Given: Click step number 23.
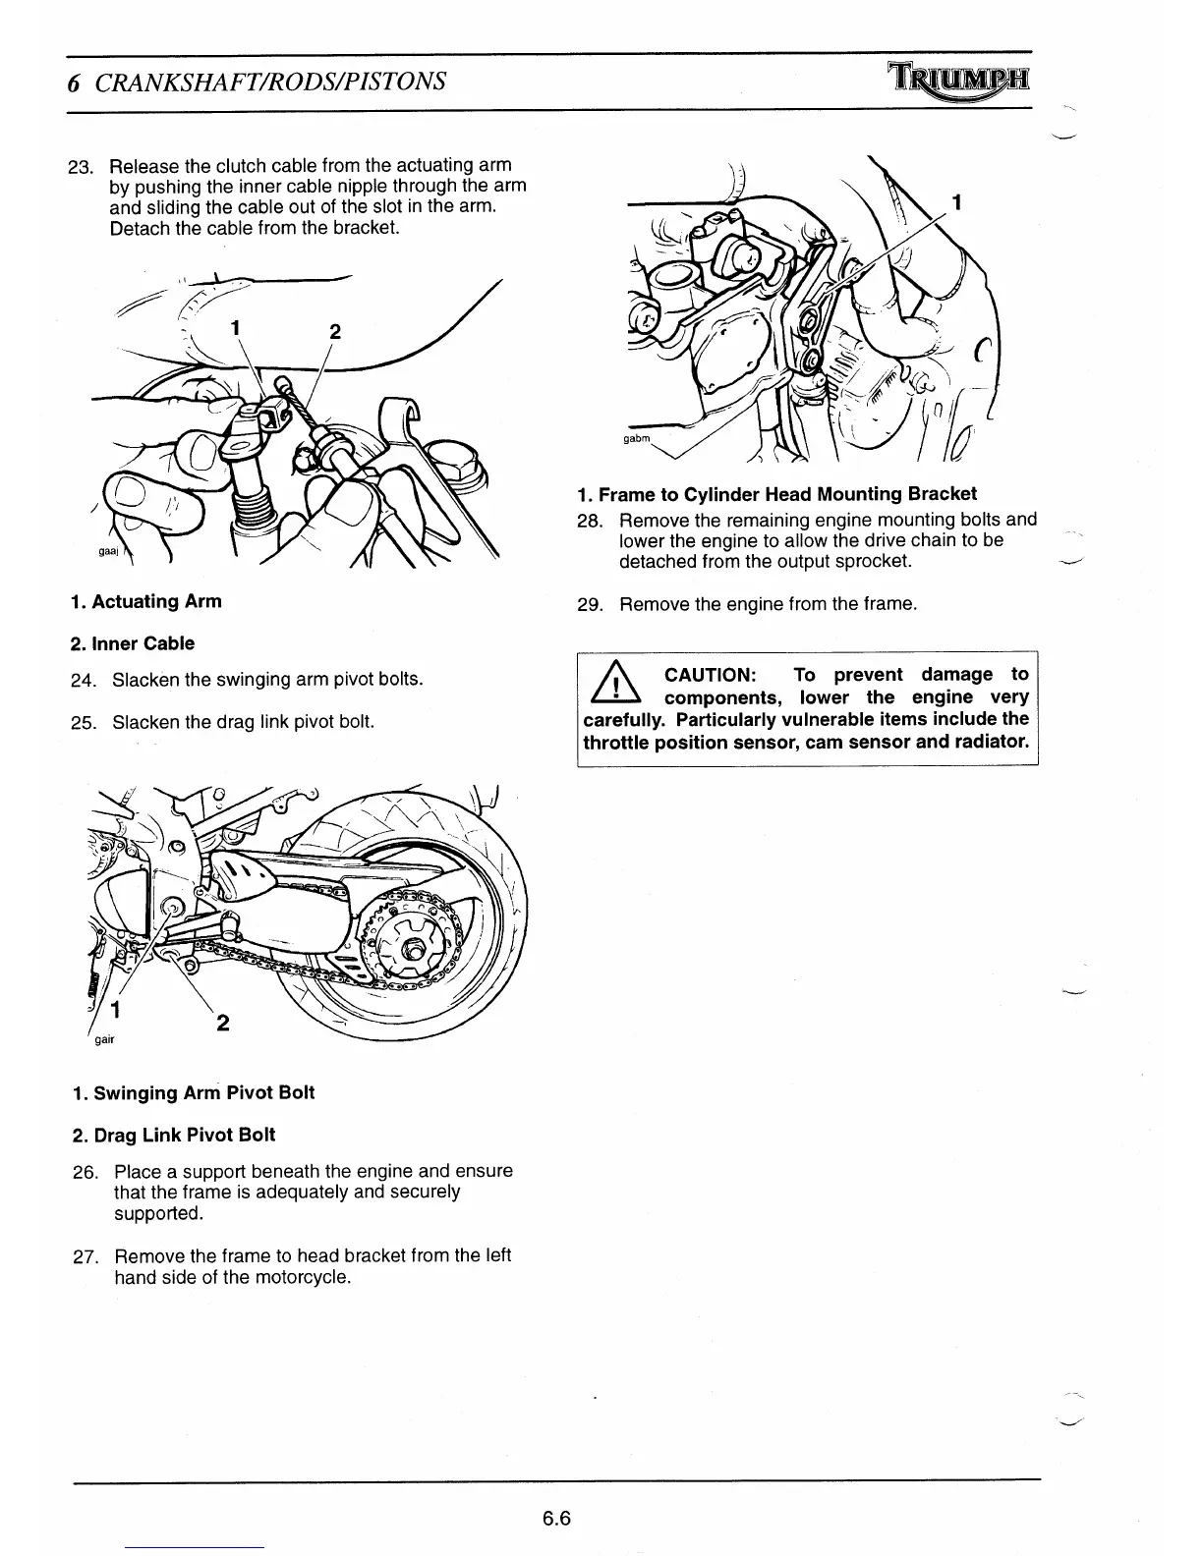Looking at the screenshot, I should [80, 166].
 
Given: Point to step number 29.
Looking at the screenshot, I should [590, 604].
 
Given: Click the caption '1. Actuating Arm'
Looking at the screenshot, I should [146, 601].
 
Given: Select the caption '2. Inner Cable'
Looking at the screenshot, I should [133, 643].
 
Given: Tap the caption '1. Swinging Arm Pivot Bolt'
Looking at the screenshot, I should [194, 1092].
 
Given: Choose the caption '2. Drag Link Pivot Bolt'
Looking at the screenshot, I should [174, 1135].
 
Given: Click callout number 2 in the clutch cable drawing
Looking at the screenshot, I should [334, 332].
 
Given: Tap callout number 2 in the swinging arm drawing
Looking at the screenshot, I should [223, 1024].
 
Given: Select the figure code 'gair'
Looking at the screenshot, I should [103, 1040].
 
